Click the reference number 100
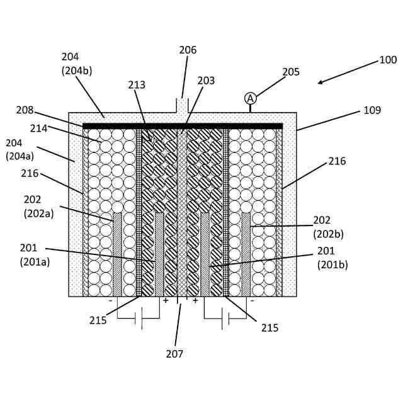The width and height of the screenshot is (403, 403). pyautogui.click(x=388, y=60)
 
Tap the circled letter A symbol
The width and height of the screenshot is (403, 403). pyautogui.click(x=250, y=98)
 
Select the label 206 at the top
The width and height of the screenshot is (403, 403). pyautogui.click(x=188, y=50)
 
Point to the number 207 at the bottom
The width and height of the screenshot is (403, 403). pyautogui.click(x=174, y=354)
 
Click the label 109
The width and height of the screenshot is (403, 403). pyautogui.click(x=372, y=110)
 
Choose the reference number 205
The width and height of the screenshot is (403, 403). pyautogui.click(x=291, y=72)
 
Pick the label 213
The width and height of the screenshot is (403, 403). pyautogui.click(x=137, y=85)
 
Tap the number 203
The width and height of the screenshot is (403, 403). pyautogui.click(x=206, y=81)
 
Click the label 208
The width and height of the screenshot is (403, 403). pyautogui.click(x=25, y=110)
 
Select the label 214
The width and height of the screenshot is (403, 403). pyautogui.click(x=38, y=128)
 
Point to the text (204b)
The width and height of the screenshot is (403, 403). pyautogui.click(x=77, y=71)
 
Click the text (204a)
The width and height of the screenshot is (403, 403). pyautogui.click(x=21, y=156)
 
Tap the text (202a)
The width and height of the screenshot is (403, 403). pyautogui.click(x=39, y=213)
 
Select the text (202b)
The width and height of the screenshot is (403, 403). pyautogui.click(x=329, y=234)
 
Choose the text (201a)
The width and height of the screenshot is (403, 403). pyautogui.click(x=35, y=262)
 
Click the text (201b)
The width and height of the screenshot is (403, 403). pyautogui.click(x=332, y=264)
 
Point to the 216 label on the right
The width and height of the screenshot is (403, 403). pyautogui.click(x=337, y=161)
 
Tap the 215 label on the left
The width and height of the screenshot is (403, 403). pyautogui.click(x=98, y=321)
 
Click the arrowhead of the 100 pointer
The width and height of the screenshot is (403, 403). pyautogui.click(x=320, y=82)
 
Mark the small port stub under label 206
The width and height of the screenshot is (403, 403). pyautogui.click(x=182, y=106)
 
